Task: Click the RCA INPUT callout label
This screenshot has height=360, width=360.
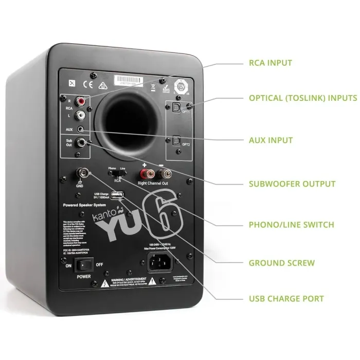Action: [270, 63]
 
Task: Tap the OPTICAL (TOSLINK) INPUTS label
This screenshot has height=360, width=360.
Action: [302, 98]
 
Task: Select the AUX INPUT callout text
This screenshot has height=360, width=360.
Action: [271, 140]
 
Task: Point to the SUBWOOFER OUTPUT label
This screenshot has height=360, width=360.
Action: [292, 184]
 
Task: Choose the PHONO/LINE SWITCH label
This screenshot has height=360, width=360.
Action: [291, 224]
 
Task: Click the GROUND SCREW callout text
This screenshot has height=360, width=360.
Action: [281, 263]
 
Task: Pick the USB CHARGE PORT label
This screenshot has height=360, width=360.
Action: [286, 298]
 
